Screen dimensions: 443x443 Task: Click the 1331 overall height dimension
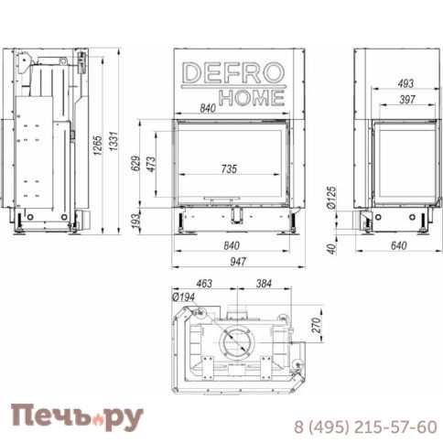pyautogui.click(x=113, y=141)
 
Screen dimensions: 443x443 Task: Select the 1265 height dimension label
pyautogui.click(x=98, y=146)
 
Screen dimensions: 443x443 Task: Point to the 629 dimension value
pyautogui.click(x=135, y=164)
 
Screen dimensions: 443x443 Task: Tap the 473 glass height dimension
pyautogui.click(x=151, y=164)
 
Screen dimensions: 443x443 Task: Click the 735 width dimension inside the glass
pyautogui.click(x=229, y=169)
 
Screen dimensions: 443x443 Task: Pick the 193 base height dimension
pyautogui.click(x=135, y=220)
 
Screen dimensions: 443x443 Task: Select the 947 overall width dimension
pyautogui.click(x=238, y=262)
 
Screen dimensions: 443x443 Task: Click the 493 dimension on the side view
pyautogui.click(x=405, y=83)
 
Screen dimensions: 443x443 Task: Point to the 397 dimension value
pyautogui.click(x=407, y=100)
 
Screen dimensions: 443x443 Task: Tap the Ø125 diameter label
pyautogui.click(x=331, y=198)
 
